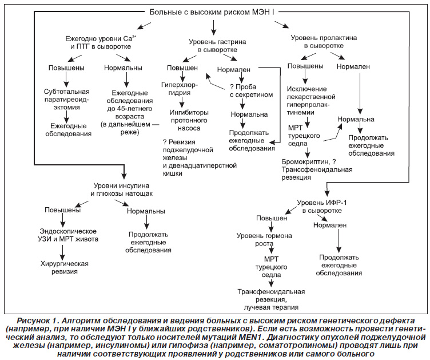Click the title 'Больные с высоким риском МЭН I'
(x=212, y=12)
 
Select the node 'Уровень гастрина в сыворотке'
(x=217, y=46)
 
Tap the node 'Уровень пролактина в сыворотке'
(x=324, y=42)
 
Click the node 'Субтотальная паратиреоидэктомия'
(x=67, y=100)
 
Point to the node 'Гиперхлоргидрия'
(x=180, y=89)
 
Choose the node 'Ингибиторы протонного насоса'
(x=189, y=120)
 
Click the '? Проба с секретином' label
(x=252, y=91)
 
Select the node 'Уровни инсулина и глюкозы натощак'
(x=121, y=189)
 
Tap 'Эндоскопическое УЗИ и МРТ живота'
(x=68, y=235)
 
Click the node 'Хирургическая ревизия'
(x=65, y=267)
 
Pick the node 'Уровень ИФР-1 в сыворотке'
(x=322, y=207)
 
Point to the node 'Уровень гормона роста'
(x=264, y=240)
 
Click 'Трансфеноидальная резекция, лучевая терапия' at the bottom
(x=271, y=299)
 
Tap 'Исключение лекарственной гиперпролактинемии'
(x=311, y=101)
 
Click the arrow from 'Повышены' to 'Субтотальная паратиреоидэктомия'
(x=66, y=80)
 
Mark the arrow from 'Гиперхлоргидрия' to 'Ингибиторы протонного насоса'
(x=181, y=102)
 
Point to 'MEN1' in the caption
(x=276, y=337)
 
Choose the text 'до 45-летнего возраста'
(x=129, y=113)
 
